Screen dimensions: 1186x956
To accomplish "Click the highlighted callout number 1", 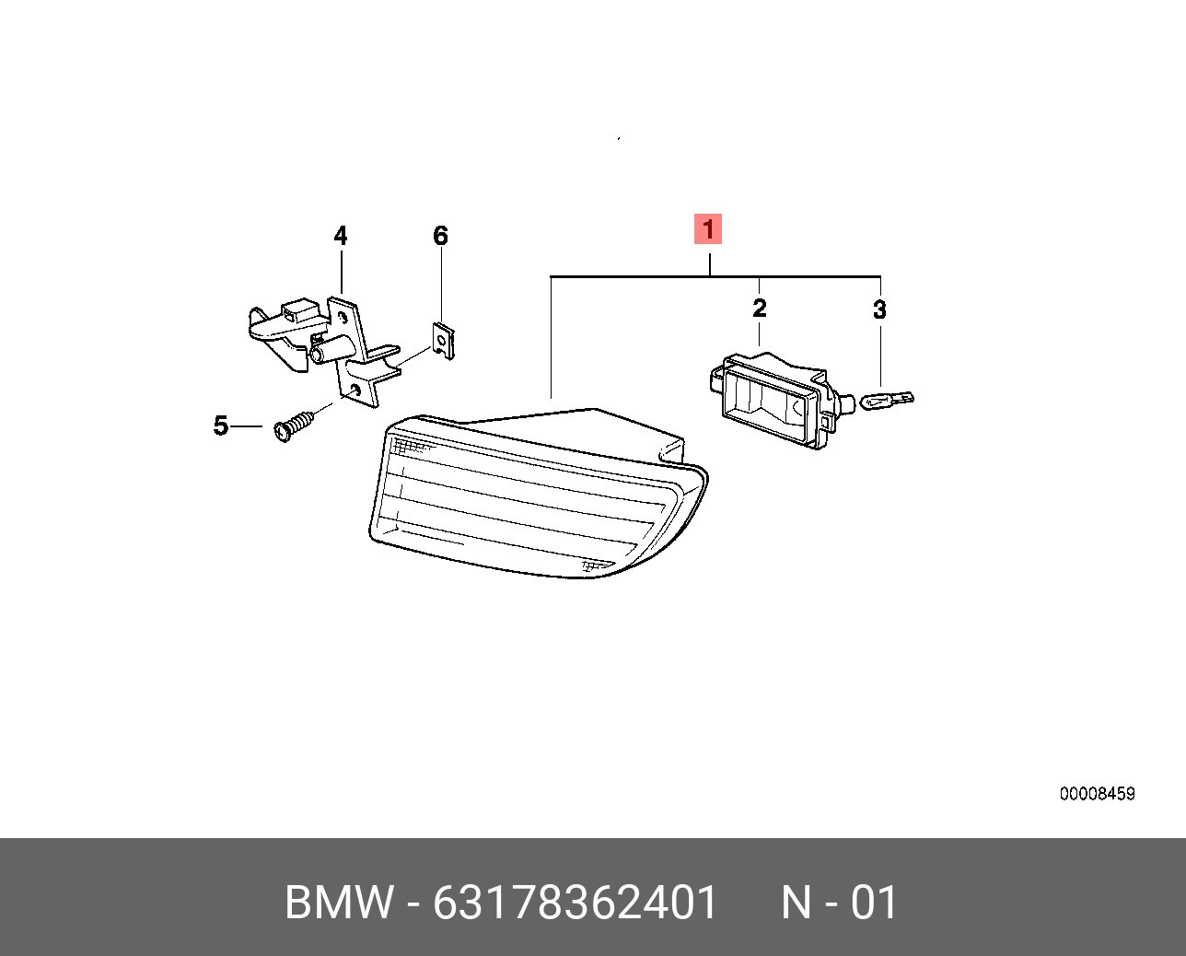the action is tap(707, 228).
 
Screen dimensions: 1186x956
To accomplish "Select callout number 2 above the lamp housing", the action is tap(760, 308).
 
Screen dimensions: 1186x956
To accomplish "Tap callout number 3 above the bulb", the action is tap(879, 309).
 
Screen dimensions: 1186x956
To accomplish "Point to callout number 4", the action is tap(341, 236).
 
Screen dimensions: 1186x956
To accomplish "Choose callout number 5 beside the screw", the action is tap(220, 426).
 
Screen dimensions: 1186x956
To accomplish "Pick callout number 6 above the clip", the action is tap(440, 236).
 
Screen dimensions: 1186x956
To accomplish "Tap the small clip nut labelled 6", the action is tap(443, 341).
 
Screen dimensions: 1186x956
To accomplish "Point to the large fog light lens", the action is tap(538, 494).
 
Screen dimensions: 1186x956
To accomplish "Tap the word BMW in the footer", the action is tap(339, 903).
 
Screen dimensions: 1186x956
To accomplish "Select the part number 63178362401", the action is tap(575, 903).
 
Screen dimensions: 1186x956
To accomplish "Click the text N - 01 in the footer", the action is tap(840, 903).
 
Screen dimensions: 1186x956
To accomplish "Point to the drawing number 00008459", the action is tap(1097, 793).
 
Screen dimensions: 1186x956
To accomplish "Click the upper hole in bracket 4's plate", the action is tap(343, 318).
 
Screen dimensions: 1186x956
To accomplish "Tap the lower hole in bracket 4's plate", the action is tap(355, 391).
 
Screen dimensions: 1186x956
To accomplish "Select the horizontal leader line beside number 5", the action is tap(247, 426).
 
